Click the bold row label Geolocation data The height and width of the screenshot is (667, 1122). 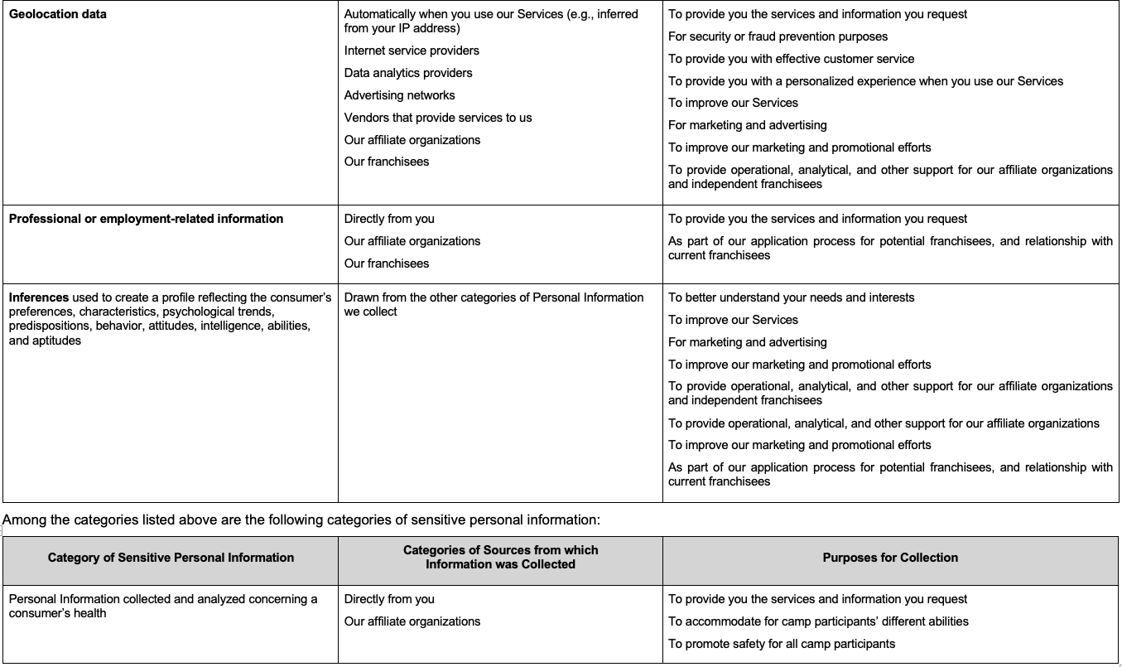57,14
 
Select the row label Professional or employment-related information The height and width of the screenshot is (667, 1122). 146,219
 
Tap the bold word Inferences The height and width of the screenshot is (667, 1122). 38,297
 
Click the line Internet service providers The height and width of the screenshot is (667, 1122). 412,51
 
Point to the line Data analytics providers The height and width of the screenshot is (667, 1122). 408,73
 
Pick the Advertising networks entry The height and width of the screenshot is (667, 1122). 399,95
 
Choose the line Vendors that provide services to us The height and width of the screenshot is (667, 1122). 438,118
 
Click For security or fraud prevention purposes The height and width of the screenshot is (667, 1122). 778,36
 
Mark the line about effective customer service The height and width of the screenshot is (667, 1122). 791,59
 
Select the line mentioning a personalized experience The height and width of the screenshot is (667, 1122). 865,81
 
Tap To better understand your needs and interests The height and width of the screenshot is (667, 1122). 791,297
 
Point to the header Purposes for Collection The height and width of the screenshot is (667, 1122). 890,558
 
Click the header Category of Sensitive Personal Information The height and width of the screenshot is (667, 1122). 171,558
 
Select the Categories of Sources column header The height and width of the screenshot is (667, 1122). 500,557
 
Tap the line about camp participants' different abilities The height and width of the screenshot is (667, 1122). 818,621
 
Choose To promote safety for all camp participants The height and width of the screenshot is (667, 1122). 781,644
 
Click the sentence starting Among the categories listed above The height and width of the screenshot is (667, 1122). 301,520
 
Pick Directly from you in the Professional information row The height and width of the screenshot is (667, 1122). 389,219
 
